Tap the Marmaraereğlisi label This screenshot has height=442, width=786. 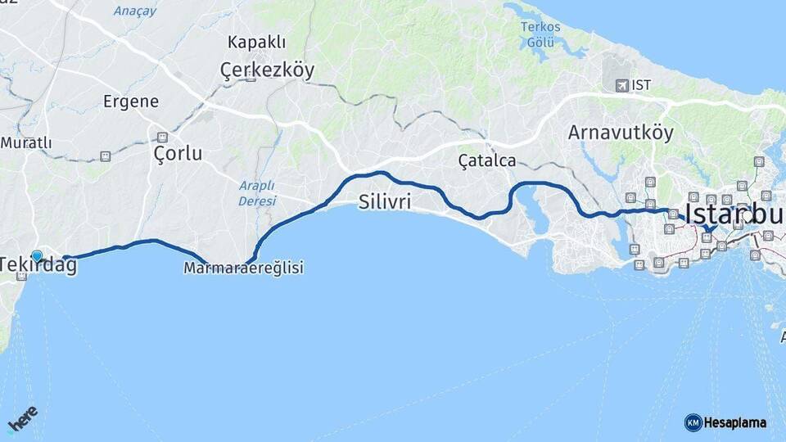(x=244, y=268)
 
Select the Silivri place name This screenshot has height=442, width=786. (x=385, y=202)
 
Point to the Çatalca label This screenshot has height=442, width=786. (x=487, y=160)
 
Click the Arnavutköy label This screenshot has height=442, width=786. (x=621, y=133)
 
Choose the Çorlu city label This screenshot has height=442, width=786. (x=178, y=154)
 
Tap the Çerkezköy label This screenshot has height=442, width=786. (x=267, y=71)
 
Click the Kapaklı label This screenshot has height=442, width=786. (x=256, y=42)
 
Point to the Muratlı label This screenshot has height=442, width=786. (x=26, y=143)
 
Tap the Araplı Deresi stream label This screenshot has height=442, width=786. (x=258, y=192)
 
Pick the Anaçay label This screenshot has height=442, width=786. (x=135, y=11)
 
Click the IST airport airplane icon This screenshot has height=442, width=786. (x=621, y=85)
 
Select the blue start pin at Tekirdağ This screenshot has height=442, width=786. (x=37, y=256)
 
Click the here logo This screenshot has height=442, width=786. (x=23, y=420)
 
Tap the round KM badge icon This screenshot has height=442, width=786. (x=693, y=422)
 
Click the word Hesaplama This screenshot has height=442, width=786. (x=734, y=422)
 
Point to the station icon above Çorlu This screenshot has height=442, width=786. (x=162, y=137)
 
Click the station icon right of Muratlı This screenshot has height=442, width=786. (x=105, y=156)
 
